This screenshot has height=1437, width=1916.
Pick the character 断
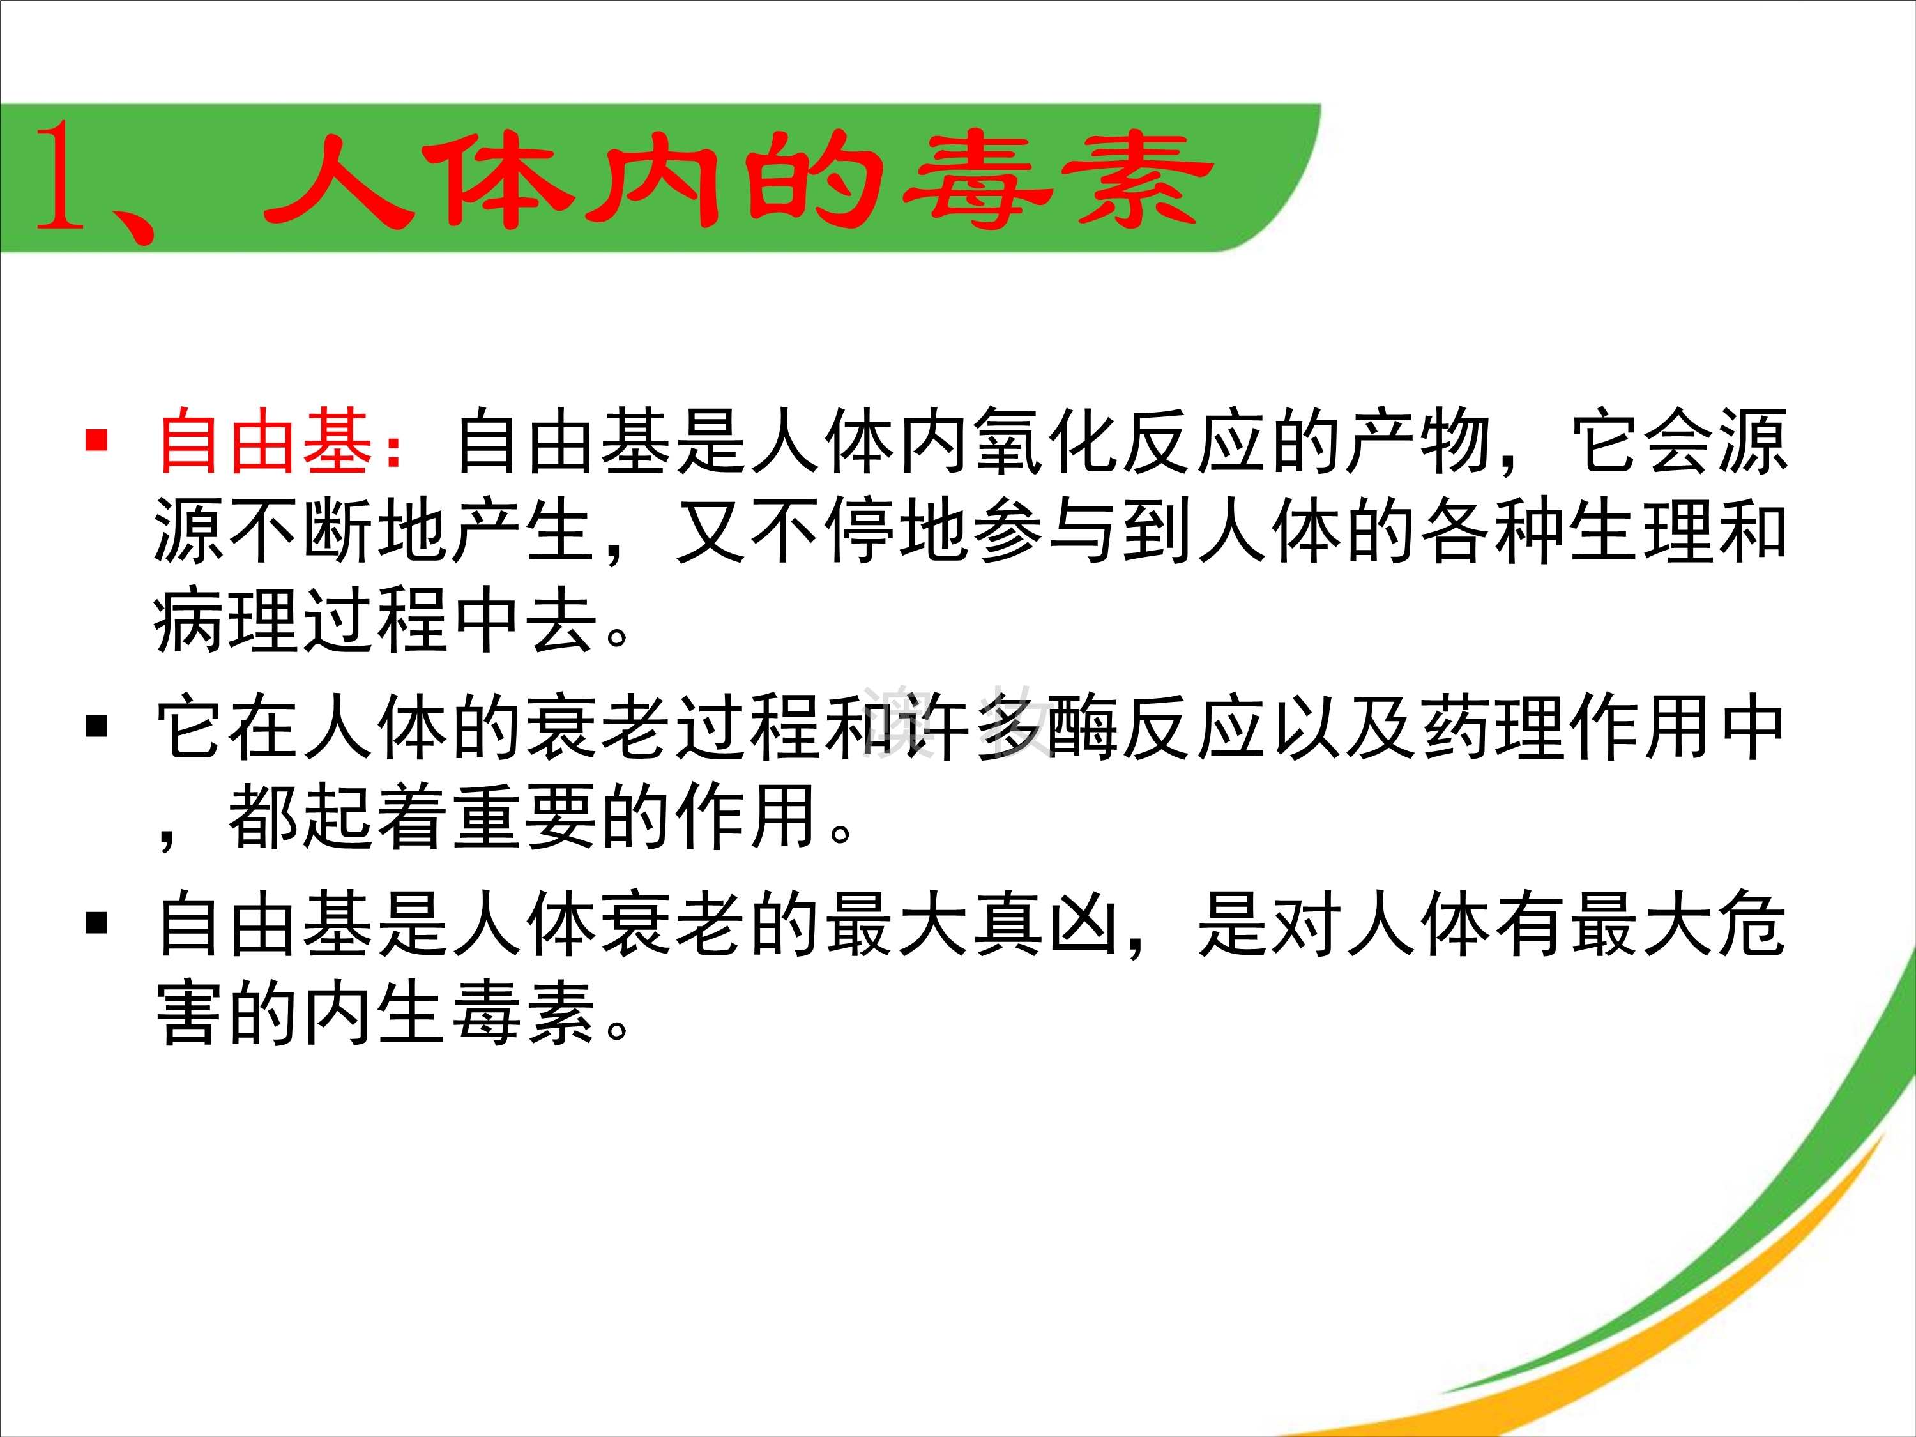[x=340, y=530]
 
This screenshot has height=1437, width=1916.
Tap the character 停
[x=862, y=530]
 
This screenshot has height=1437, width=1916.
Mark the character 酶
[x=1084, y=727]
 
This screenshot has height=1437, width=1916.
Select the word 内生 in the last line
[x=377, y=1014]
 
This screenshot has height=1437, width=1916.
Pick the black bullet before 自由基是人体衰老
[x=96, y=924]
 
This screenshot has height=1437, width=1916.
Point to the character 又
[x=713, y=530]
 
